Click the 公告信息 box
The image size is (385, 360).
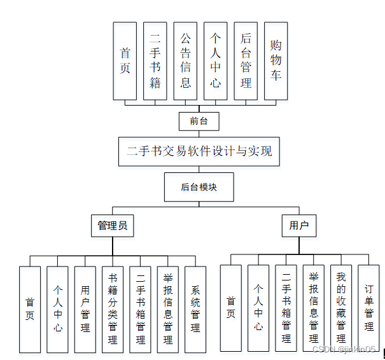tap(185, 61)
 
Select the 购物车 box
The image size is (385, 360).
tap(276, 61)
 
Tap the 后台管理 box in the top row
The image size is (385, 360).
tap(246, 61)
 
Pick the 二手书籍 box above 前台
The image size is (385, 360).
tap(155, 61)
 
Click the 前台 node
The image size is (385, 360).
tap(199, 121)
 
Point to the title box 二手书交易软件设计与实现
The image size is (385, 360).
tap(199, 151)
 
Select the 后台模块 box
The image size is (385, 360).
tap(199, 187)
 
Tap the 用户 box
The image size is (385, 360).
tap(298, 225)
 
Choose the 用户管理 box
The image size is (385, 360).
tap(85, 309)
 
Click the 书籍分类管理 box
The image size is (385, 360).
tap(113, 309)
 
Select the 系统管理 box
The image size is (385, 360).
tap(195, 309)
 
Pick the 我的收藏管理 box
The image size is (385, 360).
tap(341, 308)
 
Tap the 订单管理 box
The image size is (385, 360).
tap(369, 308)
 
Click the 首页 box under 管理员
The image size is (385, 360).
tap(30, 309)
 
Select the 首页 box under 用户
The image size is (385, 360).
tap(231, 308)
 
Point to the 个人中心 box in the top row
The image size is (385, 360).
tap(216, 61)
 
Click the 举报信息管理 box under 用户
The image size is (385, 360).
tap(314, 308)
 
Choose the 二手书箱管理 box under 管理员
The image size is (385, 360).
tap(140, 309)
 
